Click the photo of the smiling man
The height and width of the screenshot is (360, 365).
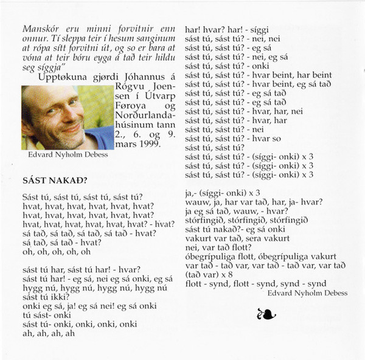tap(67, 117)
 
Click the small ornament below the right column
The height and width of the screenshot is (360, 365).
tap(266, 314)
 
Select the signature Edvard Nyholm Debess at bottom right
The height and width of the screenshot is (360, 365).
tap(307, 293)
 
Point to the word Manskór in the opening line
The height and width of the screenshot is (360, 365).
tap(40, 28)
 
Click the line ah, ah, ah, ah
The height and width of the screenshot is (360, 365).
tap(48, 334)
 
